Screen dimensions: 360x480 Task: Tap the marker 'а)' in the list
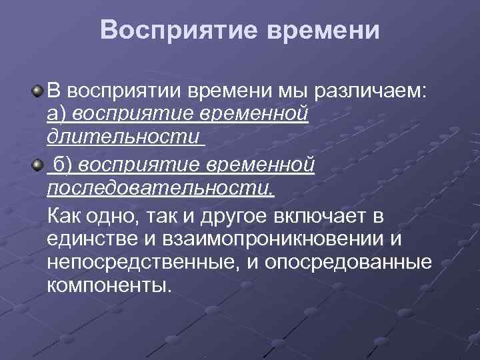(x=57, y=115)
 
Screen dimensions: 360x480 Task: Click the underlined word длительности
(x=123, y=139)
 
